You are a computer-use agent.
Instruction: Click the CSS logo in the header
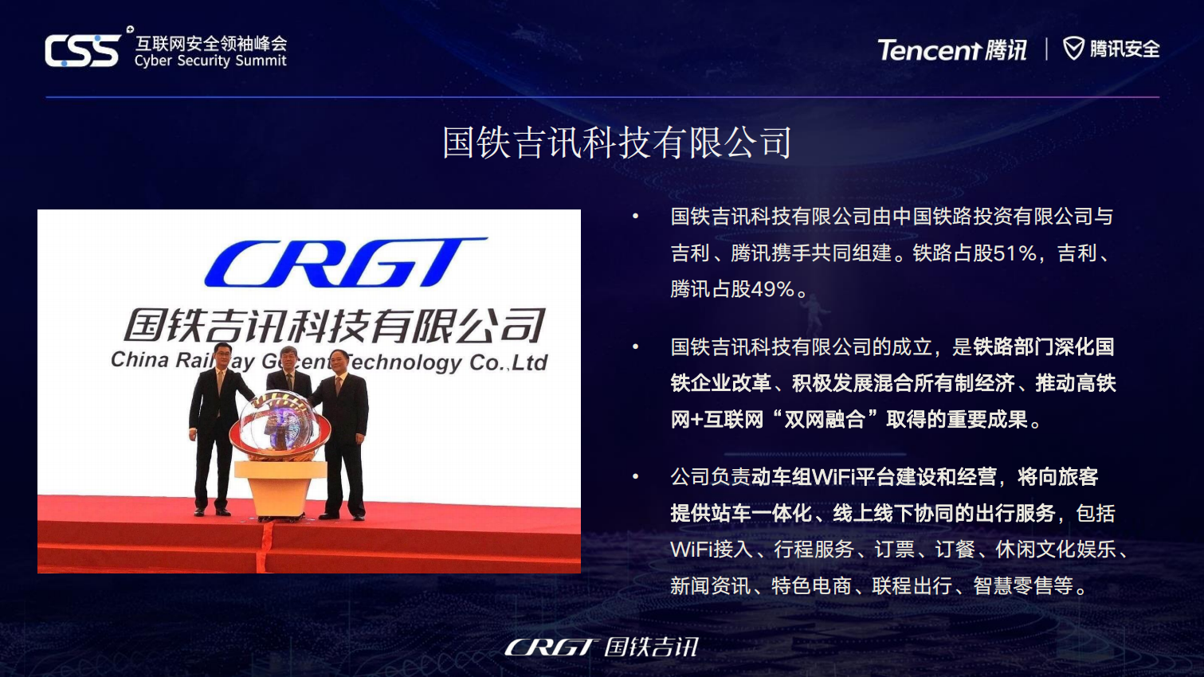click(82, 51)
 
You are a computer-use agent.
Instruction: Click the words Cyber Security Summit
click(210, 61)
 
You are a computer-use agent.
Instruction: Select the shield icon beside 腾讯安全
click(1074, 49)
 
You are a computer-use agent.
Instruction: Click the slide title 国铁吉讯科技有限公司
click(618, 143)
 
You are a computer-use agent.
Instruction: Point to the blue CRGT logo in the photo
click(345, 262)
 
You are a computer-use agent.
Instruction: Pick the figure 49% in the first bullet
click(772, 289)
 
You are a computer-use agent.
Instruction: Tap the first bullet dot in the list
click(636, 217)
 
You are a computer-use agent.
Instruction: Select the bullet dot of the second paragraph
click(636, 347)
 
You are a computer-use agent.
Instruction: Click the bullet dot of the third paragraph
click(636, 477)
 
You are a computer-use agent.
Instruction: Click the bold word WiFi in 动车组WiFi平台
click(833, 477)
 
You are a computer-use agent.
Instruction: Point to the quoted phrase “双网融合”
click(825, 420)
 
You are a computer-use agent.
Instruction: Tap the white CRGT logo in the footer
click(551, 647)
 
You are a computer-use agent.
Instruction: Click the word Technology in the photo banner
click(404, 362)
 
